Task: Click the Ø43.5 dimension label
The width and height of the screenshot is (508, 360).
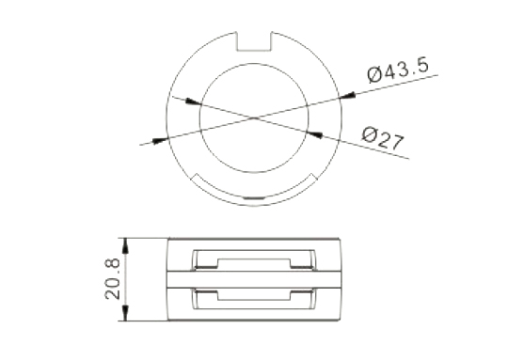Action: pos(399,70)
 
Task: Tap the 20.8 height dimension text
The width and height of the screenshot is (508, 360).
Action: pos(113,279)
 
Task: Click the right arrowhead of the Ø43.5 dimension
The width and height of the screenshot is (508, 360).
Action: pos(347,95)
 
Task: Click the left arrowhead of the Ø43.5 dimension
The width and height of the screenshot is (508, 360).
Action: pos(160,140)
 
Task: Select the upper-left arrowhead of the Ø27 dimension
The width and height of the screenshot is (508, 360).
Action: pos(193,102)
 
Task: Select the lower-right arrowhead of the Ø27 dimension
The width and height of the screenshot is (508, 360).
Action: pos(314,134)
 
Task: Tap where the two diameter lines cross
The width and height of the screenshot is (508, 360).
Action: pos(254,117)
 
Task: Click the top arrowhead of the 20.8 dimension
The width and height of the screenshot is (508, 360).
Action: pos(125,246)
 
